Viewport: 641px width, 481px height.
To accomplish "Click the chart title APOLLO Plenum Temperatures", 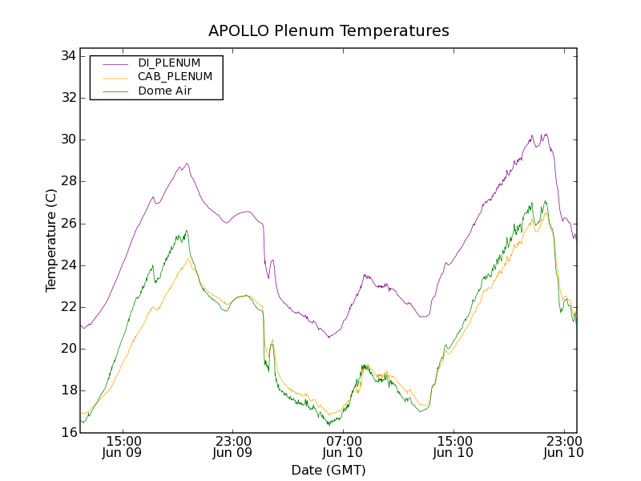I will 329,31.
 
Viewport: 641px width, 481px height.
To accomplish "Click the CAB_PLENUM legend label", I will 175,77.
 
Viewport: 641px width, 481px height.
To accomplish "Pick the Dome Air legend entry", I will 168,91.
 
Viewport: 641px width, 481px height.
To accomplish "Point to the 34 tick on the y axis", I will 67,56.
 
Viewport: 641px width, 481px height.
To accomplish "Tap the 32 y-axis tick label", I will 67,98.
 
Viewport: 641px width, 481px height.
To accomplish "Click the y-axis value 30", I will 67,139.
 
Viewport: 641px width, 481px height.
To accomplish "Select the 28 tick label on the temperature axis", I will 67,181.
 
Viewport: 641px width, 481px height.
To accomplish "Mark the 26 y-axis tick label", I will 67,224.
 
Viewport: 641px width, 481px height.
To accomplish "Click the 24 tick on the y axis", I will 67,265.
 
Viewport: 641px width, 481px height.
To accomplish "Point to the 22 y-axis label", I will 67,307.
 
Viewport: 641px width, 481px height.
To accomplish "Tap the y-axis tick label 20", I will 67,349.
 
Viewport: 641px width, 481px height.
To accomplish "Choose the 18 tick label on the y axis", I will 67,390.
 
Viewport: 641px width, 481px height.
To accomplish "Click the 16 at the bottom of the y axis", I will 67,432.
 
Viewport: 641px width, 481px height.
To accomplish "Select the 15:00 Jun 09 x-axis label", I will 123,447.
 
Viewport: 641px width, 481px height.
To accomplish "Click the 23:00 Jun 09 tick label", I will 233,447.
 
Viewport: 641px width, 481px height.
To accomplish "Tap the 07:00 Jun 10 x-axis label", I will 344,447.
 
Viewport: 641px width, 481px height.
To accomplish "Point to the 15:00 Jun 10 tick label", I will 454,447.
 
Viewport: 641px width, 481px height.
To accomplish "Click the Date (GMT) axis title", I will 329,470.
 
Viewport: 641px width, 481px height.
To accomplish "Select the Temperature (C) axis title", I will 51,240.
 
